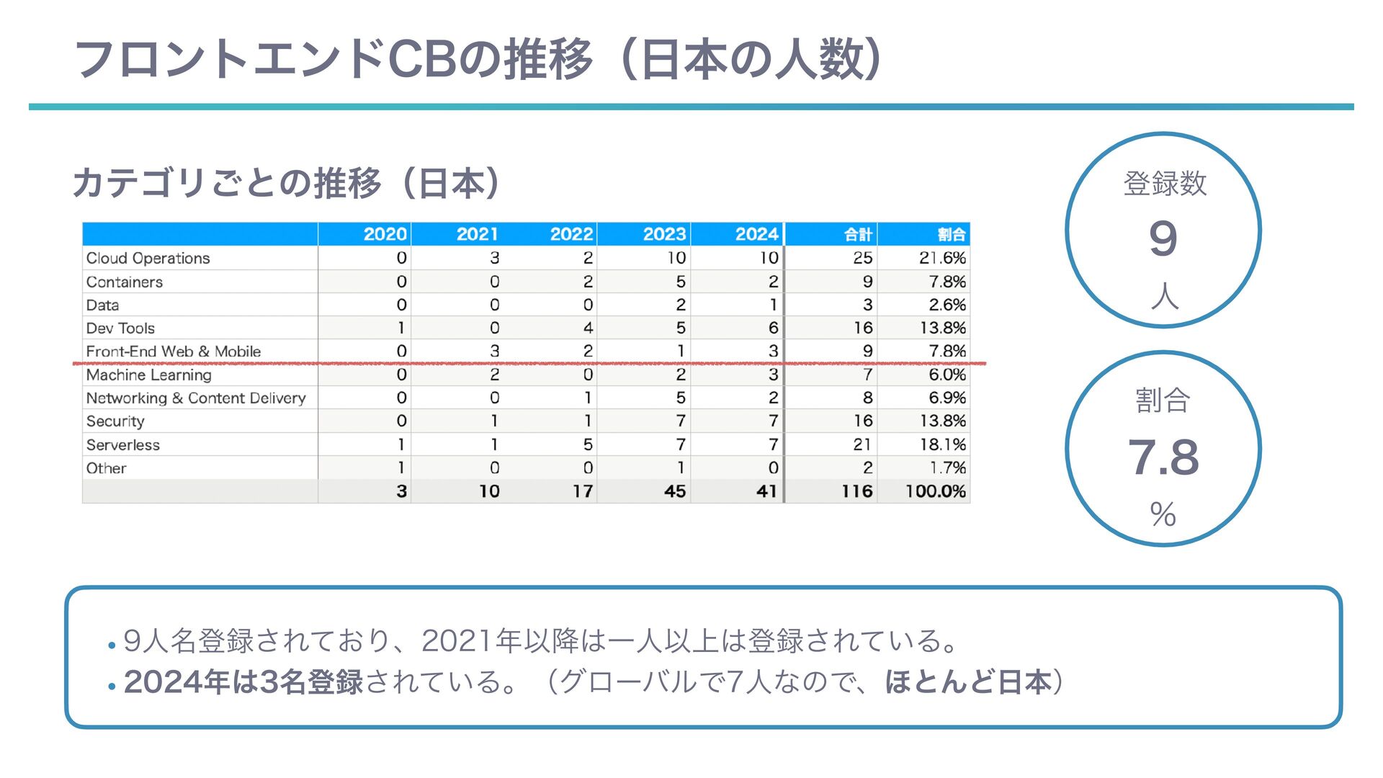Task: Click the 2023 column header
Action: click(663, 234)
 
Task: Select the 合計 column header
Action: click(857, 234)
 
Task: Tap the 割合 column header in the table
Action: click(951, 234)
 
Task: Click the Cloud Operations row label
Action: click(148, 258)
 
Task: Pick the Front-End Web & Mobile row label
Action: click(173, 352)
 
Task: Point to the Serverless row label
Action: click(122, 444)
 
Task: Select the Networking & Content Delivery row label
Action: click(195, 398)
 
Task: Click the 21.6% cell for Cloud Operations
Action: click(942, 258)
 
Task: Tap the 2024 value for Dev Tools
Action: click(773, 328)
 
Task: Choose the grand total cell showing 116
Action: click(856, 491)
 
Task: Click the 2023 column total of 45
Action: click(674, 491)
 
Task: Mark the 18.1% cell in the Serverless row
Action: click(942, 444)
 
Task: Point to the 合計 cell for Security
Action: click(863, 421)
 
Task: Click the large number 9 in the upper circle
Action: click(1163, 239)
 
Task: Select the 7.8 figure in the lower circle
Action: click(1163, 457)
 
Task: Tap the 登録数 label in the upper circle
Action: click(1164, 183)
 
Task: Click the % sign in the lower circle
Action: click(1163, 514)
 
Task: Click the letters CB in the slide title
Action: click(421, 59)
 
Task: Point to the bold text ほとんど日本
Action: click(967, 681)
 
